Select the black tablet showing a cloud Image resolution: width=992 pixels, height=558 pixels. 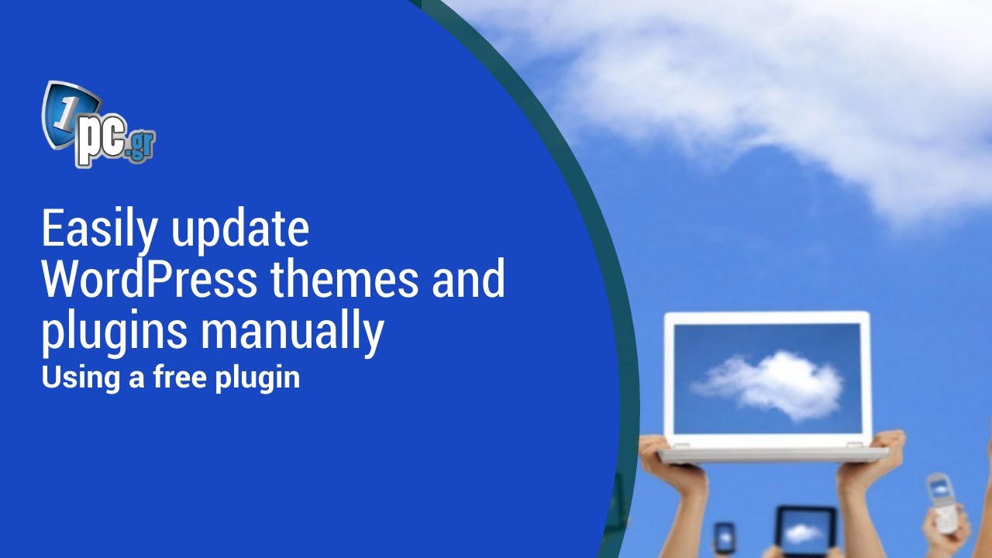(806, 530)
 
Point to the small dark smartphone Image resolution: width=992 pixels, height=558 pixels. (725, 537)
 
